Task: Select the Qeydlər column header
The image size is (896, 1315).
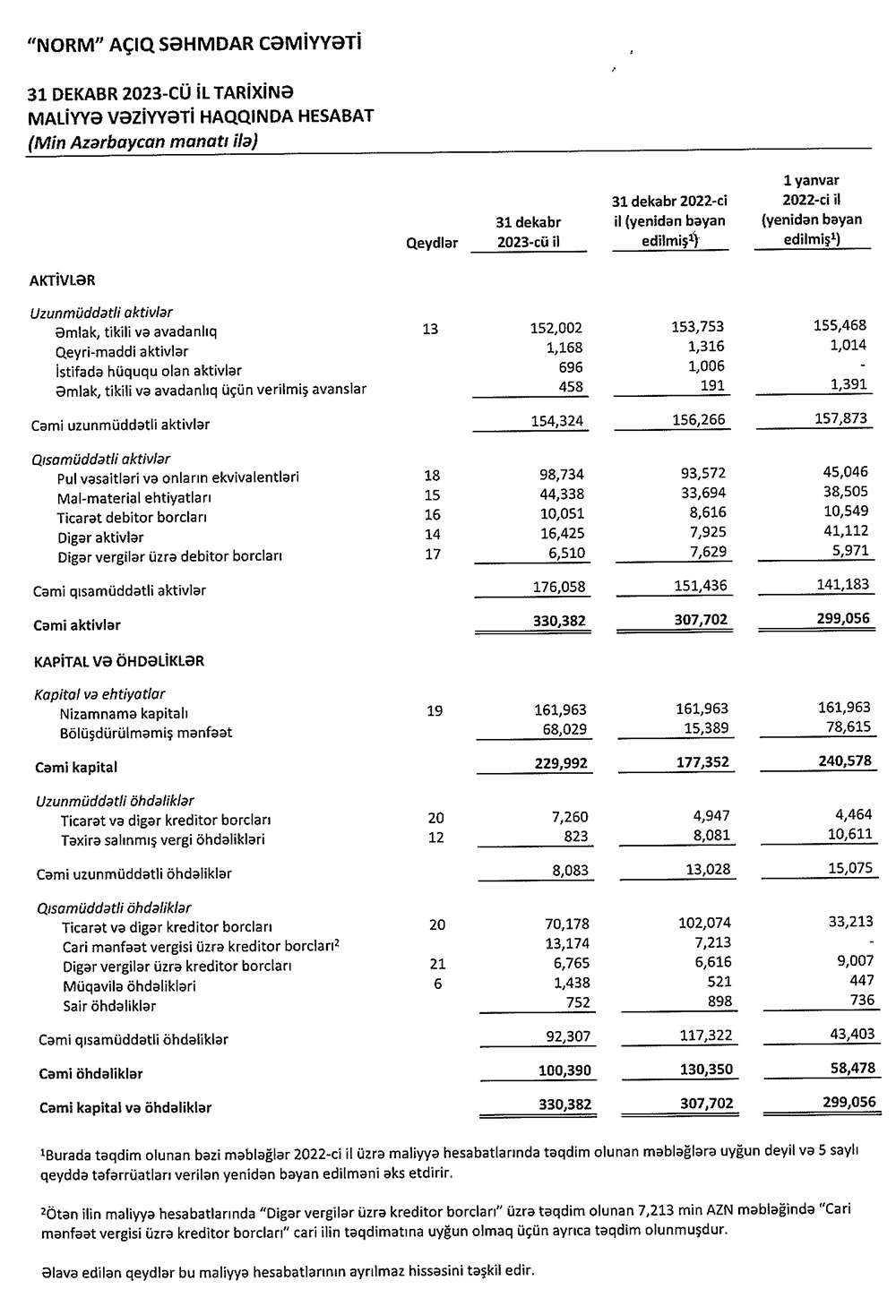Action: point(432,243)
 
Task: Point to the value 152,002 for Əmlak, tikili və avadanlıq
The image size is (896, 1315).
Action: point(556,329)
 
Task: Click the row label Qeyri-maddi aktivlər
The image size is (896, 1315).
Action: point(122,351)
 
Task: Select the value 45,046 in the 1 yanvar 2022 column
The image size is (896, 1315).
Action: point(841,473)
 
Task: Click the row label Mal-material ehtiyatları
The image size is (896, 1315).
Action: point(134,497)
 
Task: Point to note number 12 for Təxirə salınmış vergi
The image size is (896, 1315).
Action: point(435,838)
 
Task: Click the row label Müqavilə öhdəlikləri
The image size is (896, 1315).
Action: point(129,985)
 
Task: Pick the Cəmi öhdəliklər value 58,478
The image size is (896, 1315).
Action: point(846,1069)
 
